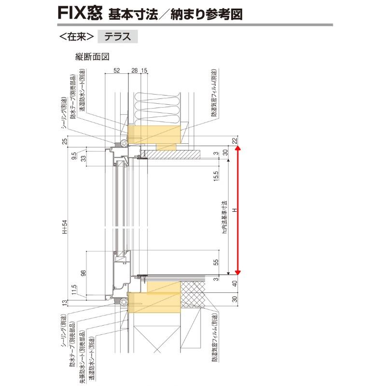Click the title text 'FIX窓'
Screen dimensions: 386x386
(79, 13)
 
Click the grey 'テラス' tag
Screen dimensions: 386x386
(118, 37)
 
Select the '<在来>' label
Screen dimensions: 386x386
(76, 37)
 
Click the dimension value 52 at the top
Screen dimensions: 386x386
(116, 70)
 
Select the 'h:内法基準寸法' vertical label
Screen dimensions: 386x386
(224, 218)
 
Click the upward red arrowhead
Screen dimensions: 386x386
(237, 149)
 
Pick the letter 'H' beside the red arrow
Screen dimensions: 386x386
(234, 211)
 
